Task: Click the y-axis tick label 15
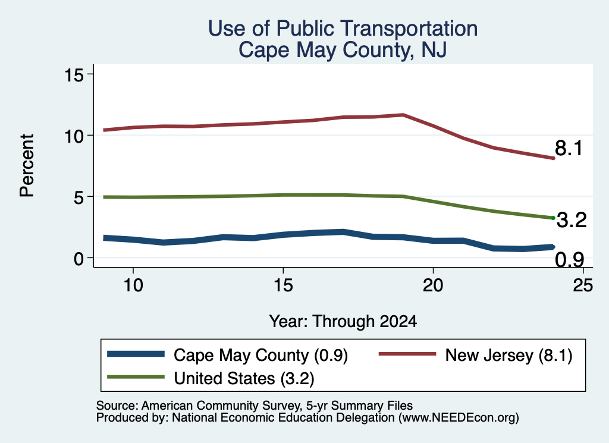point(74,74)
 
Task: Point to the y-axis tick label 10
point(74,136)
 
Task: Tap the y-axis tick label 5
point(79,197)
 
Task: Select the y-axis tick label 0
point(79,259)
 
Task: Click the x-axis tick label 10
point(133,285)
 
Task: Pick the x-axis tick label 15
point(283,285)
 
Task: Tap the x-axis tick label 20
point(433,285)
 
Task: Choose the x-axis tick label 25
point(583,285)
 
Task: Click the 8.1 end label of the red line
point(569,148)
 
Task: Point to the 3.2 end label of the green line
point(572,220)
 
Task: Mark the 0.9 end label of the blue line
point(569,259)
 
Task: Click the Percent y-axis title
point(27,166)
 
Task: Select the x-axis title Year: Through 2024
point(343,322)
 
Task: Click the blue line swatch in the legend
point(136,354)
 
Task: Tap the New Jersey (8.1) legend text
point(509,355)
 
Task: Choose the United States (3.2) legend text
point(244,378)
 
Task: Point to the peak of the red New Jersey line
point(404,115)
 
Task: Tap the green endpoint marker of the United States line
point(553,218)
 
